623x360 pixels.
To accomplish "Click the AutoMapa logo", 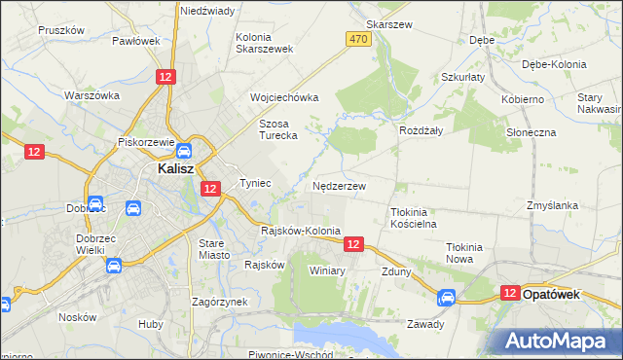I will pyautogui.click(x=562, y=341).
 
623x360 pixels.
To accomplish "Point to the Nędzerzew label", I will pyautogui.click(x=339, y=186).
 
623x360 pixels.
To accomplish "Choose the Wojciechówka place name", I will pyautogui.click(x=284, y=98).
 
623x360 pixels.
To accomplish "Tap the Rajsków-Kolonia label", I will pyautogui.click(x=300, y=231).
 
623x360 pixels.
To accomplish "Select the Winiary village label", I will pyautogui.click(x=327, y=270).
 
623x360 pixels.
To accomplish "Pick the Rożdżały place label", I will pyautogui.click(x=421, y=129).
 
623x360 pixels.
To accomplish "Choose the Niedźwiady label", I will pyautogui.click(x=206, y=11).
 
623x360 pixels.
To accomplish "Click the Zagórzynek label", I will pyautogui.click(x=219, y=302).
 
